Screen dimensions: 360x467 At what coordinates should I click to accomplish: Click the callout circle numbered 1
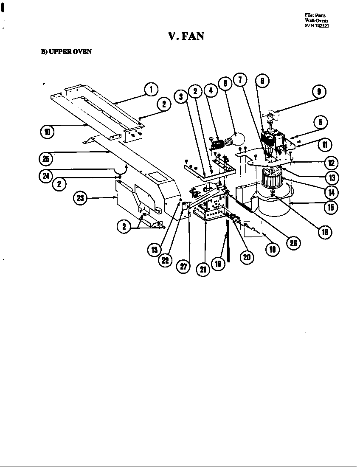point(151,90)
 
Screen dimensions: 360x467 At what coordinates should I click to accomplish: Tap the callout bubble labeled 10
point(47,132)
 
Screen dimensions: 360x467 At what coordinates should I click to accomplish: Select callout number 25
point(46,160)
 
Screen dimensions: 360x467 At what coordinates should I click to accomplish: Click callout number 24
point(46,176)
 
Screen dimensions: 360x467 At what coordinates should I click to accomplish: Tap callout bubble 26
point(293,242)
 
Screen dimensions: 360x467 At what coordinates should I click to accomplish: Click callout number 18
point(272,249)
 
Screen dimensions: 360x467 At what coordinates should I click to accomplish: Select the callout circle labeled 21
point(204,270)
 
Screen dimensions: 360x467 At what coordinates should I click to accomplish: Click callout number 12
point(331,162)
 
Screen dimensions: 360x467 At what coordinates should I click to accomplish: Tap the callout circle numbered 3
point(181,96)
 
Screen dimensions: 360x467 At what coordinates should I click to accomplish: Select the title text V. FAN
point(186,36)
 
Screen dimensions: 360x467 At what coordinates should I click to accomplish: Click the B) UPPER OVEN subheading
point(66,52)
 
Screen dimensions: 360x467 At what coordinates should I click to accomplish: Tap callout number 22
point(165,260)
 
